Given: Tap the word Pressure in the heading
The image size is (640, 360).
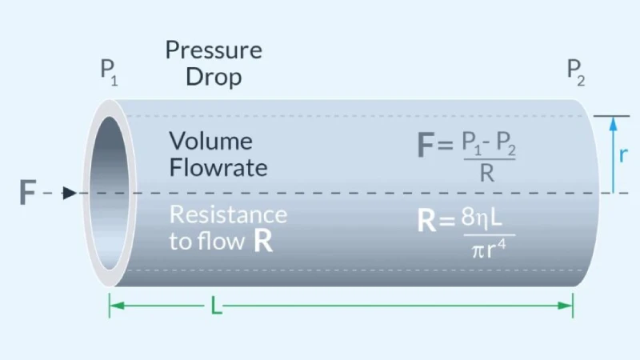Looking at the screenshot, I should [x=214, y=50].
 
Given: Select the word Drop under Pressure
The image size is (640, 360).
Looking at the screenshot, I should [x=214, y=77].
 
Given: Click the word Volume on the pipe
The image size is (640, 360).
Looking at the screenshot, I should [x=211, y=142].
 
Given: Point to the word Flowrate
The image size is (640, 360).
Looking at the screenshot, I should [x=218, y=169].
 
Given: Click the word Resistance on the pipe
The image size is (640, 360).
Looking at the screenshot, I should [x=228, y=214].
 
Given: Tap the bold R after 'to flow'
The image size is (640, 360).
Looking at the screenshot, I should [x=262, y=242].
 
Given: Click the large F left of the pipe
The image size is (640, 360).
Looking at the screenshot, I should [x=27, y=193].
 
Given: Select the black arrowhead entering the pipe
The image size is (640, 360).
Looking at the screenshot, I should [x=70, y=193].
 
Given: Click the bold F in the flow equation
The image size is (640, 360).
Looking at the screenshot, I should [x=426, y=146].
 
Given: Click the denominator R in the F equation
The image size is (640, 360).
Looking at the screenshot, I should [x=486, y=174].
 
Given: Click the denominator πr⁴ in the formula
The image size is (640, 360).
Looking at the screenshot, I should [x=486, y=250].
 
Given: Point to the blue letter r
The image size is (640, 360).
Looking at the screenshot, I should [x=624, y=154].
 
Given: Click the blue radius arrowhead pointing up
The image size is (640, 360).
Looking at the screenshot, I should [x=613, y=122].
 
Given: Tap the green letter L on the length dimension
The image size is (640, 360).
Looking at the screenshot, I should [x=216, y=305].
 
